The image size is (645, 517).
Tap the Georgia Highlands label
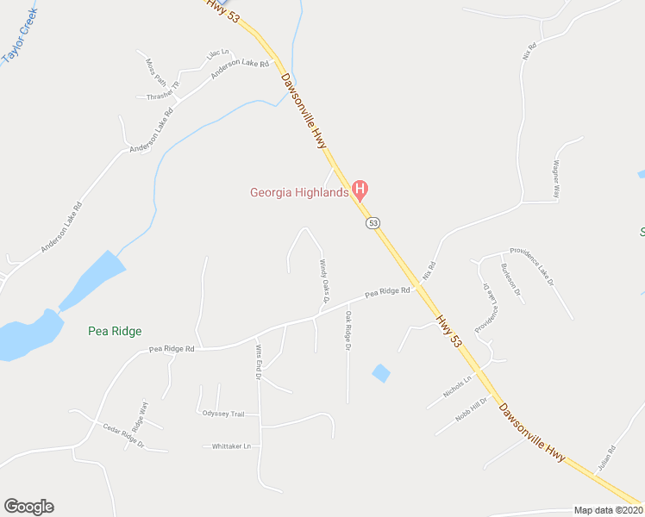[299, 192]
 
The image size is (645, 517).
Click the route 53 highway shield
[373, 223]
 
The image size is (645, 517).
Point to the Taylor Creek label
[20, 34]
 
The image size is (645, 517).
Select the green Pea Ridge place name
[115, 331]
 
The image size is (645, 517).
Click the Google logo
[28, 507]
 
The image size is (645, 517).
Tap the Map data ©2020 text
[608, 510]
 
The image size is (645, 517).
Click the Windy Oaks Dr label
[325, 281]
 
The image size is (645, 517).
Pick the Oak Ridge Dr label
[349, 331]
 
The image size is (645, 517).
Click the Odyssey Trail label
[223, 414]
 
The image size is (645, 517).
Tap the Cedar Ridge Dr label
[123, 437]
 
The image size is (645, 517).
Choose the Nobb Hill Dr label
[473, 407]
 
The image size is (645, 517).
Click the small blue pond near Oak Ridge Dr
[380, 373]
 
